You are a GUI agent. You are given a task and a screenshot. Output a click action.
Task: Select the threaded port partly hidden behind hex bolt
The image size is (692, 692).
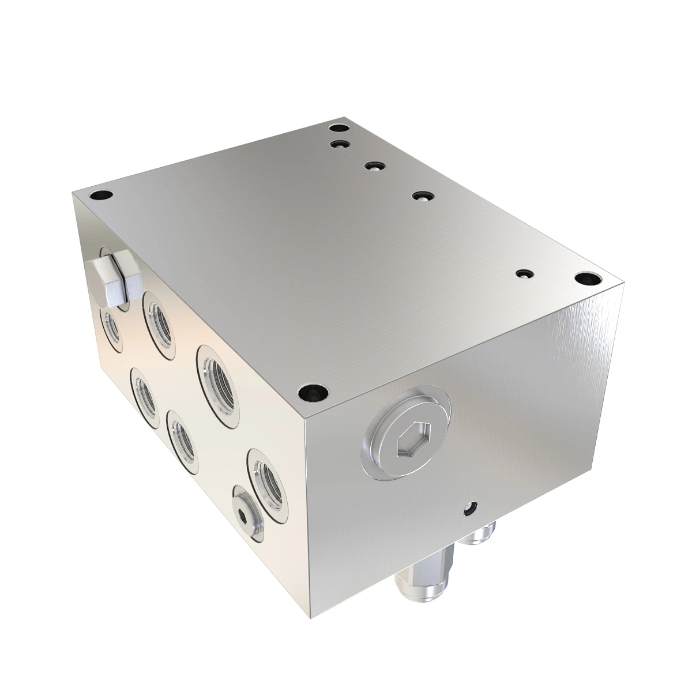111,329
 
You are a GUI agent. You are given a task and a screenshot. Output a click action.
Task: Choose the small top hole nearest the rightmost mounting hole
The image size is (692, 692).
524,274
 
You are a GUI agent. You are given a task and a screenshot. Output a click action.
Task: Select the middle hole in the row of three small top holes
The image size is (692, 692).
374,166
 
